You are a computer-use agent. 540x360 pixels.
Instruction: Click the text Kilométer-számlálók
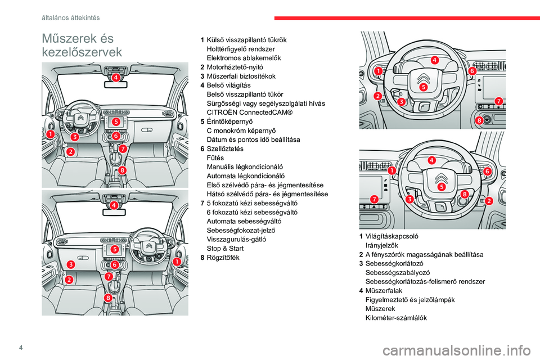(396, 318)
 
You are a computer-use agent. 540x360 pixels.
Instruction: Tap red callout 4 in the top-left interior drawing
(115, 78)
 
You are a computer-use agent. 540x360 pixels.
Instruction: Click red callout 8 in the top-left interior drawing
(122, 169)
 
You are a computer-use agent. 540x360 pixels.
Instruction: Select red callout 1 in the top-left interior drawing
(51, 134)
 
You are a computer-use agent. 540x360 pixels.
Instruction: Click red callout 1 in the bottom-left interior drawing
(177, 262)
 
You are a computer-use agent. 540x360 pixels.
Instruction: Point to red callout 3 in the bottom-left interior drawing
(71, 264)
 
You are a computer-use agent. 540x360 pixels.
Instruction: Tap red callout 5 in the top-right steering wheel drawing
(423, 87)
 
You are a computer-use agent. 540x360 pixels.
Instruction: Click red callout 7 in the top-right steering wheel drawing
(498, 101)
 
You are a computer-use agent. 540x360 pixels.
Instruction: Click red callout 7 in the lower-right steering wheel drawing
(373, 199)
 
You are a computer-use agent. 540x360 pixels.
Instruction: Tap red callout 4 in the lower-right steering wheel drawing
(431, 160)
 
